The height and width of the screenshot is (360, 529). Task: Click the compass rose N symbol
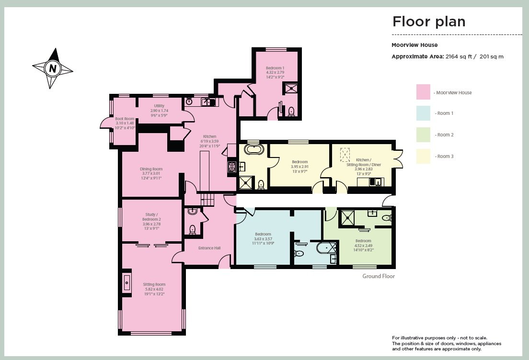pyautogui.click(x=53, y=68)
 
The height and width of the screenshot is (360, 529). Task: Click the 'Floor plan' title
pyautogui.click(x=429, y=22)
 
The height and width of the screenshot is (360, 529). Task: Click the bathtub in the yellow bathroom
pyautogui.click(x=253, y=149)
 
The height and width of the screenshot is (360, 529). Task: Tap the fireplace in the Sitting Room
pyautogui.click(x=127, y=282)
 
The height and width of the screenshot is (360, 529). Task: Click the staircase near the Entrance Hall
pyautogui.click(x=207, y=198)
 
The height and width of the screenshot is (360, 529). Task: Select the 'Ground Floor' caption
pyautogui.click(x=378, y=276)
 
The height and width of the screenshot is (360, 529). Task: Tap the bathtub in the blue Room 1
pyautogui.click(x=327, y=248)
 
